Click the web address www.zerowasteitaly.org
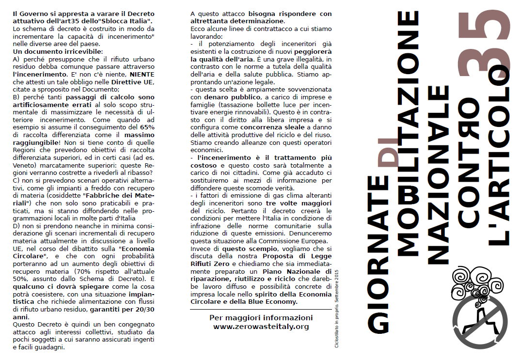point(261,327)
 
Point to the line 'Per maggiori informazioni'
point(261,318)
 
